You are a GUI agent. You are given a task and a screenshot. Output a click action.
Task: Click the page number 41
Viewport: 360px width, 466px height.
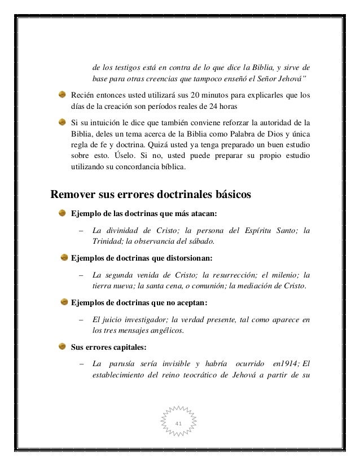179,423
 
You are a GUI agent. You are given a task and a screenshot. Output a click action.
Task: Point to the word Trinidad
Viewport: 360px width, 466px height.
106,242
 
